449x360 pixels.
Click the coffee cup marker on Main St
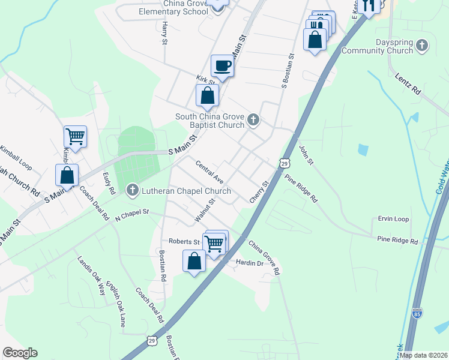click(222, 66)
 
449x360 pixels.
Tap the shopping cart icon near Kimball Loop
click(75, 136)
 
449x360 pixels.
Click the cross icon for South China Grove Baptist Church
click(253, 121)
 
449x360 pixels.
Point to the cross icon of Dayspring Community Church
click(422, 46)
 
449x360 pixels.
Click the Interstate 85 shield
click(417, 313)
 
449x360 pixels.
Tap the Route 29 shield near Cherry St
click(285, 163)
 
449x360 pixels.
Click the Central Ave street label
click(209, 172)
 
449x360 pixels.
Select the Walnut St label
click(204, 211)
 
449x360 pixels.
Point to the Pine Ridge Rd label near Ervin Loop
click(397, 241)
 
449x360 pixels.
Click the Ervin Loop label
click(393, 220)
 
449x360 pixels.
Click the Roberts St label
click(184, 241)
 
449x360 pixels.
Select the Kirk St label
click(205, 80)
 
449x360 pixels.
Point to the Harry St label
click(164, 34)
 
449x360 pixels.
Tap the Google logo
click(20, 353)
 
